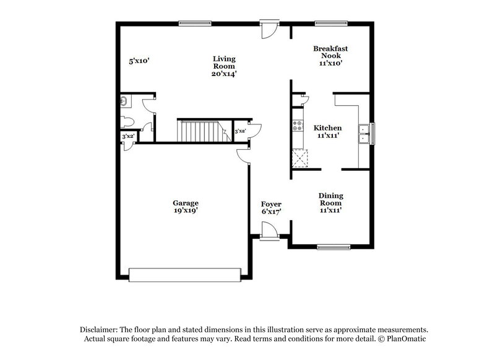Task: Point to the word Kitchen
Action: (x=327, y=127)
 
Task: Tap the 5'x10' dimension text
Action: (x=139, y=61)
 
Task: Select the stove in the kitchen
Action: (x=298, y=127)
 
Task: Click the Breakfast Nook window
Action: (x=331, y=23)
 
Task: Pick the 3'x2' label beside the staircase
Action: (x=240, y=131)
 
